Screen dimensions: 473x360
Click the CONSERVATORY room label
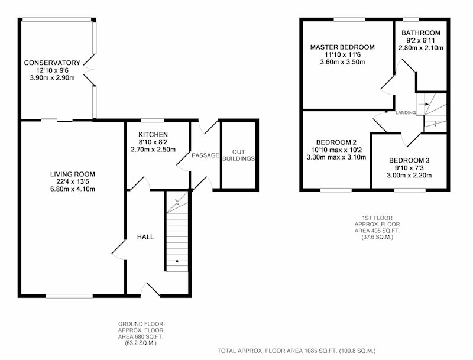point(52,63)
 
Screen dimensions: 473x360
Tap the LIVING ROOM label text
point(72,174)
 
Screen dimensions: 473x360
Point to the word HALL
point(145,237)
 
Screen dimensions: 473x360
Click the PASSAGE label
point(205,155)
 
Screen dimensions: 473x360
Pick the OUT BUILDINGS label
point(239,155)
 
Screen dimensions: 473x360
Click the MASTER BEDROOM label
point(342,47)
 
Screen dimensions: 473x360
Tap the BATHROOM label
point(421,33)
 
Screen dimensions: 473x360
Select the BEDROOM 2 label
point(336,142)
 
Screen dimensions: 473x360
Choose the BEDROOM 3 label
point(409,160)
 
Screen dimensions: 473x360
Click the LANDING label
point(406,113)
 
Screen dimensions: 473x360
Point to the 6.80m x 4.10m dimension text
point(73,189)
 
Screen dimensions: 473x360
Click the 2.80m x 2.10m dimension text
point(421,48)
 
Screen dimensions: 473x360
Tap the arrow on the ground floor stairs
point(177,263)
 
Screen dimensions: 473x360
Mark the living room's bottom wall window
point(69,296)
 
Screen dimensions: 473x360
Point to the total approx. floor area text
point(297,351)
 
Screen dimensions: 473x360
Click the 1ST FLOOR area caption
point(377,228)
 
